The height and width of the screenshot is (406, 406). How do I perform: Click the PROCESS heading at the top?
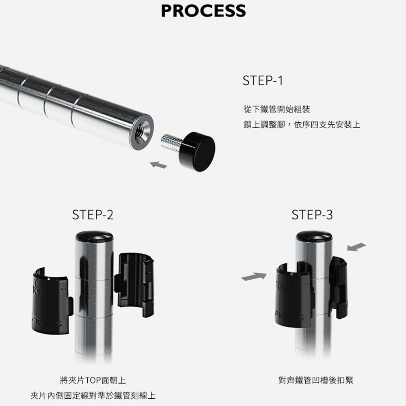203,11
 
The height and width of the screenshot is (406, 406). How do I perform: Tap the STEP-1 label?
263,80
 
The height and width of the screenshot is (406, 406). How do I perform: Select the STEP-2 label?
93,215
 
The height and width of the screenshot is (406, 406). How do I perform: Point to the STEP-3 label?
312,215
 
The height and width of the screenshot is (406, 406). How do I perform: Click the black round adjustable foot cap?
197,152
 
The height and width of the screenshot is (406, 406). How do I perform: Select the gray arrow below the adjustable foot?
158,165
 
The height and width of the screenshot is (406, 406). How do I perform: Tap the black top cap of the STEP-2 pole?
94,235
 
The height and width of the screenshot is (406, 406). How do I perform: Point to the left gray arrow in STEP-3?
254,276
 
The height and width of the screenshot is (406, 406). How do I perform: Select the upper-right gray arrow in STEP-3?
356,247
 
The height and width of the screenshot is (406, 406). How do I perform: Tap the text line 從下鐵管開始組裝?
277,109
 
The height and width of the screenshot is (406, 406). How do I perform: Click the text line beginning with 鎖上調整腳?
302,125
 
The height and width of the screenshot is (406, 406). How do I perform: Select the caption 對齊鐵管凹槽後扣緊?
316,380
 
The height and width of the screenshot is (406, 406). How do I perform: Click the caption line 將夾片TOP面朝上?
93,380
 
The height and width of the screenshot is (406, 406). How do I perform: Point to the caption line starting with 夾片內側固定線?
93,395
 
